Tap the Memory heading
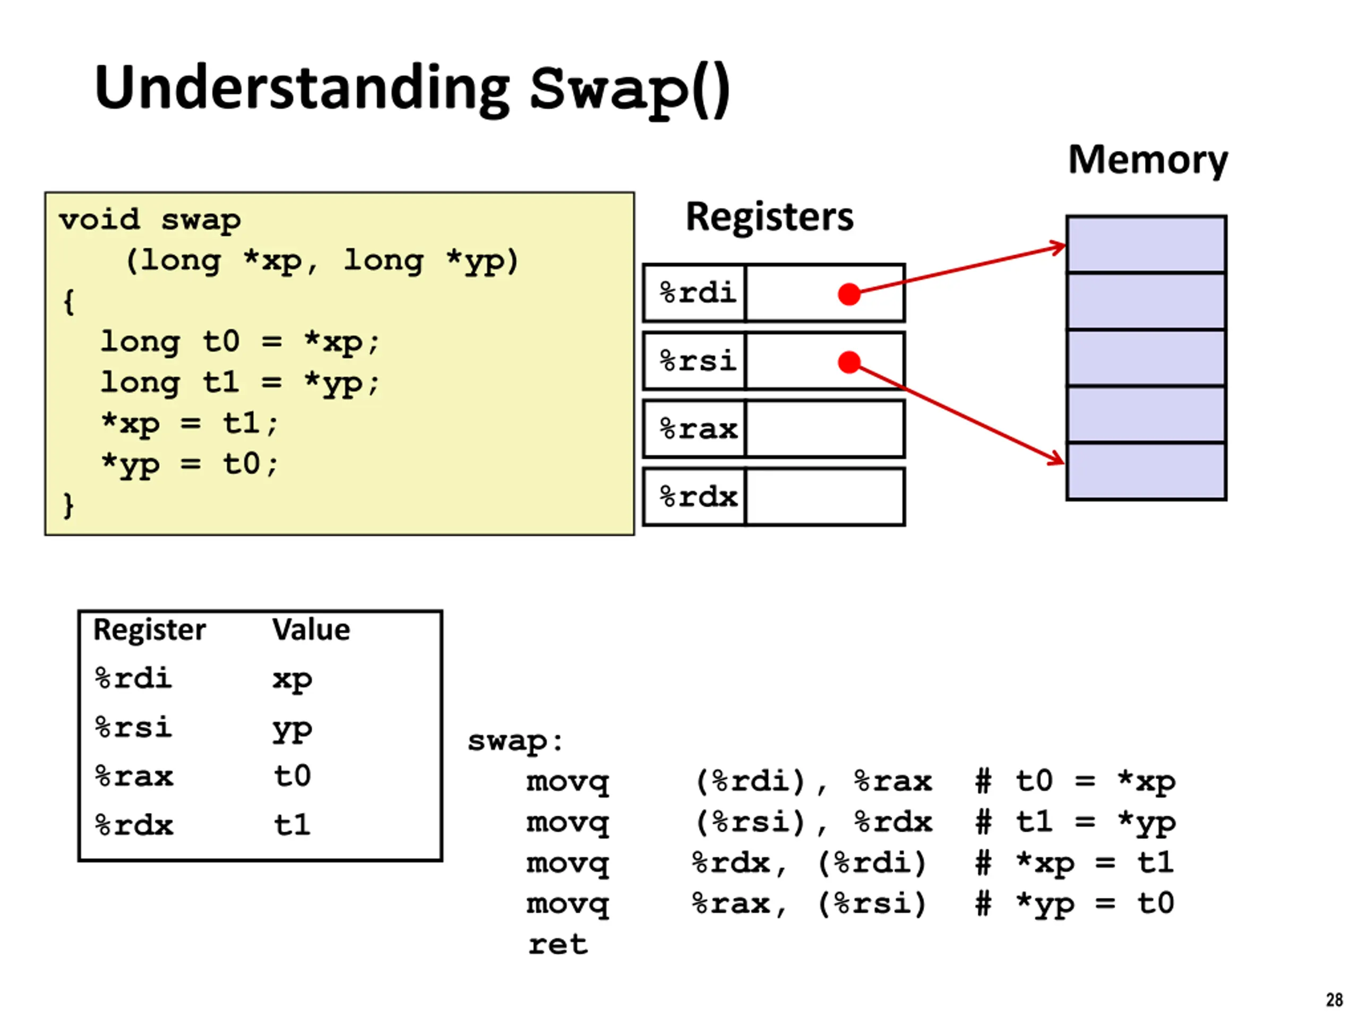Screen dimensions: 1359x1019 [x=1148, y=161]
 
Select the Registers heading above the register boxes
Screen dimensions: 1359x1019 [x=769, y=217]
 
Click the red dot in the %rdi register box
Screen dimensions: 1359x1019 [x=849, y=294]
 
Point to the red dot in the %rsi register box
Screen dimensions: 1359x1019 [x=849, y=362]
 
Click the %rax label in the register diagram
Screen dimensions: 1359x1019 [x=699, y=429]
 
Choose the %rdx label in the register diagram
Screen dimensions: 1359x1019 [x=699, y=497]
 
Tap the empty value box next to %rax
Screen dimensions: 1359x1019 [x=825, y=429]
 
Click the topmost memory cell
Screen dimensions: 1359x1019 [x=1147, y=244]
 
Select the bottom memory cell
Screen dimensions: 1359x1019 [x=1147, y=471]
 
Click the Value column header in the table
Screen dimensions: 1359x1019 [x=312, y=629]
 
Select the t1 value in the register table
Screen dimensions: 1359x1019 [x=293, y=825]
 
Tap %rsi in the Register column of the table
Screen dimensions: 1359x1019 [x=133, y=727]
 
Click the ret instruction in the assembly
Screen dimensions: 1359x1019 [x=558, y=945]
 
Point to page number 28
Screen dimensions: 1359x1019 [x=1335, y=1000]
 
